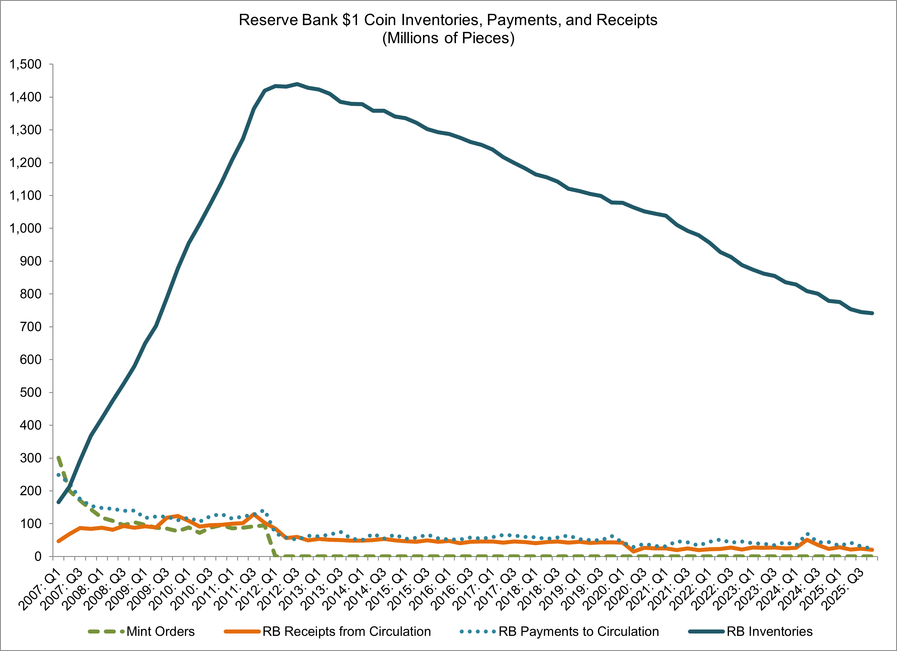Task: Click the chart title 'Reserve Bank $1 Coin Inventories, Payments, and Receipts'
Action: pos(448,20)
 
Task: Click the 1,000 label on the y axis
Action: pos(25,229)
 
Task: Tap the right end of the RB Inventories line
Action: pos(872,313)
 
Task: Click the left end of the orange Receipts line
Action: pos(58,541)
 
